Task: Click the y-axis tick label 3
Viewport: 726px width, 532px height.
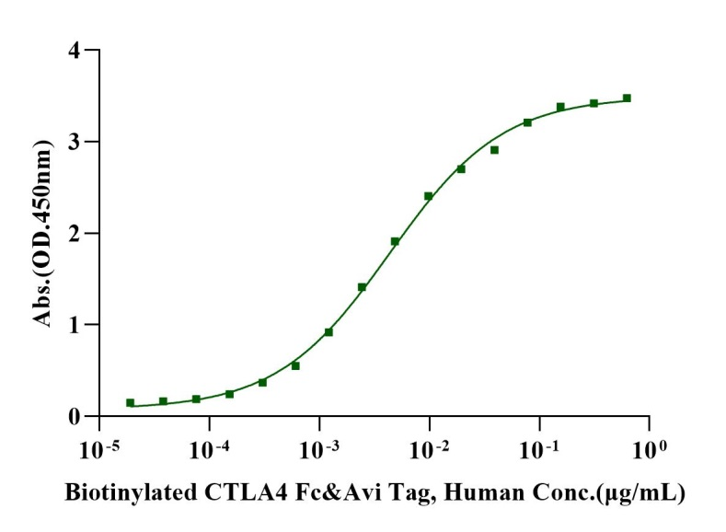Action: pyautogui.click(x=81, y=142)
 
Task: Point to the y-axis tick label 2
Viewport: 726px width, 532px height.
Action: pyautogui.click(x=81, y=233)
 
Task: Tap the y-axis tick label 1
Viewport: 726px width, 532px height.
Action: pyautogui.click(x=81, y=325)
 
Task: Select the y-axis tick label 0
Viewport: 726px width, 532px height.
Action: pyautogui.click(x=81, y=416)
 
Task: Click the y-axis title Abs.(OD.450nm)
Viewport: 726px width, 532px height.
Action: pyautogui.click(x=42, y=232)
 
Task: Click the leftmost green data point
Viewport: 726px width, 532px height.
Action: pyautogui.click(x=130, y=402)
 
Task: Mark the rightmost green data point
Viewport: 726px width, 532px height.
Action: pyautogui.click(x=627, y=98)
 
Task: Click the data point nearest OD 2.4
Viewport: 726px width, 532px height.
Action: pyautogui.click(x=428, y=196)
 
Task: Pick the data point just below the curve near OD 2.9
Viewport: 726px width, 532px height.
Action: pyautogui.click(x=494, y=150)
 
